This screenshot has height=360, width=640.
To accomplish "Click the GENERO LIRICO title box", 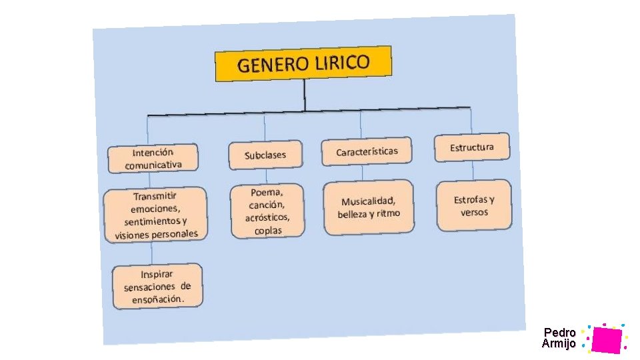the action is (x=303, y=63).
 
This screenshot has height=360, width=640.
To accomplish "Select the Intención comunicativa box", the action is (x=153, y=159).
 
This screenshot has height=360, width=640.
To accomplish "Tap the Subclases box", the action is (x=265, y=155).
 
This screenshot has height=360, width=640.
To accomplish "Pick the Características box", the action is (x=367, y=152).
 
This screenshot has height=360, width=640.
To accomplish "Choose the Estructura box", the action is (x=472, y=147).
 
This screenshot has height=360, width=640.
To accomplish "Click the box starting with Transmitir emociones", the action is (x=156, y=215).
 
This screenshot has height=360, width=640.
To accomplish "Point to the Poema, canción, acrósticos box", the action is (x=267, y=211).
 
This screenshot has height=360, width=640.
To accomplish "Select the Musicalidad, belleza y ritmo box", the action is (x=369, y=207).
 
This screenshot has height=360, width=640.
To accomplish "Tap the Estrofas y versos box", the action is (x=474, y=205).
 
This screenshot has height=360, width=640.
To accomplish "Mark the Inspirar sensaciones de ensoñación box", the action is (x=157, y=287).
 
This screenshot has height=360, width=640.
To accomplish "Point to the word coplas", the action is (x=268, y=230).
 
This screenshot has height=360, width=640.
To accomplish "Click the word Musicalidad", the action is (x=369, y=201).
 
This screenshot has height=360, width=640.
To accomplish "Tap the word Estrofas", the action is (x=469, y=199).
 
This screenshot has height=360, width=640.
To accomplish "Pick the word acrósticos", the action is (x=267, y=217).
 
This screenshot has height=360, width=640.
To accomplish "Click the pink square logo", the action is (x=606, y=339).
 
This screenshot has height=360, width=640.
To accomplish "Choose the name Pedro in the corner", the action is (x=559, y=332).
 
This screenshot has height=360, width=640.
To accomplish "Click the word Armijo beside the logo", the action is (x=559, y=343).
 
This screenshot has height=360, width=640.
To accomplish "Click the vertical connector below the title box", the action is (x=304, y=95).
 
